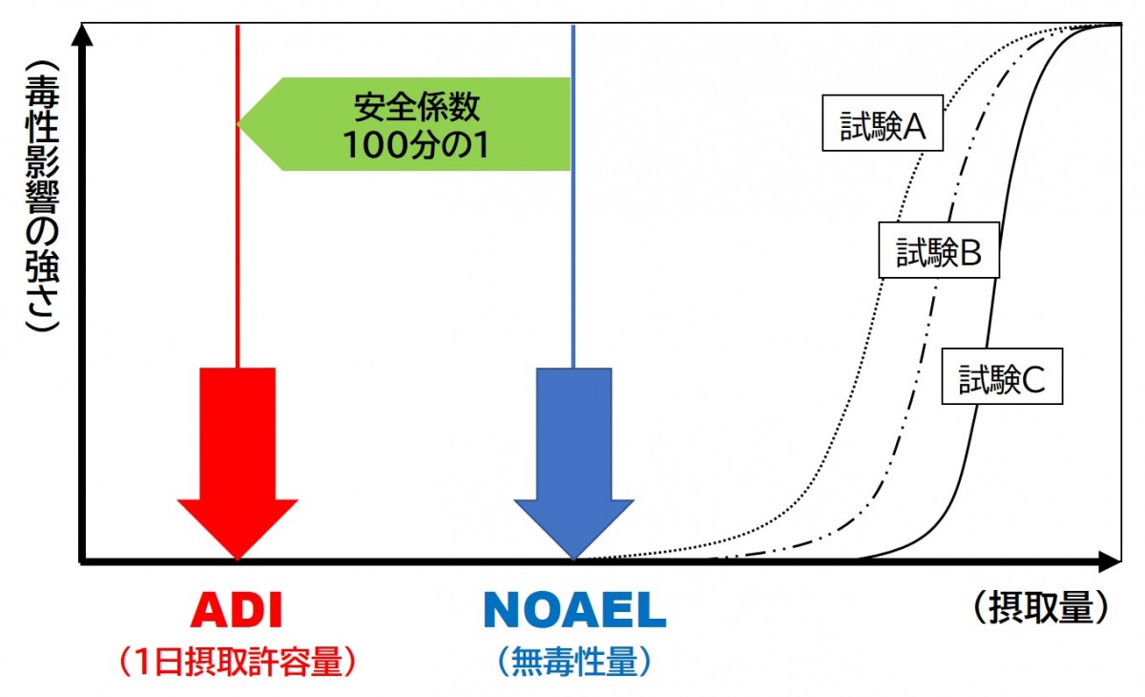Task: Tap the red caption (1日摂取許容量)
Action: pyautogui.click(x=238, y=661)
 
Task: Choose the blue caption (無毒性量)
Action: pyautogui.click(x=573, y=661)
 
